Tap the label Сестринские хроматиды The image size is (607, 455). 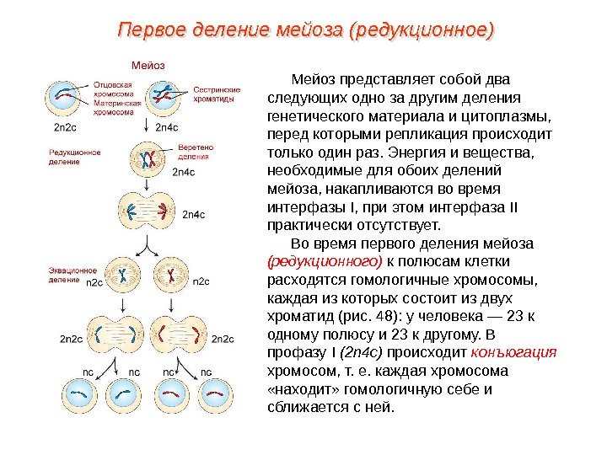click(217, 94)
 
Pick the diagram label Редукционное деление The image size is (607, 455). click(75, 157)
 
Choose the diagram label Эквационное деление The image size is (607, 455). click(73, 272)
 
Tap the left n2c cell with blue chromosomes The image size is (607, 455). click(121, 276)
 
